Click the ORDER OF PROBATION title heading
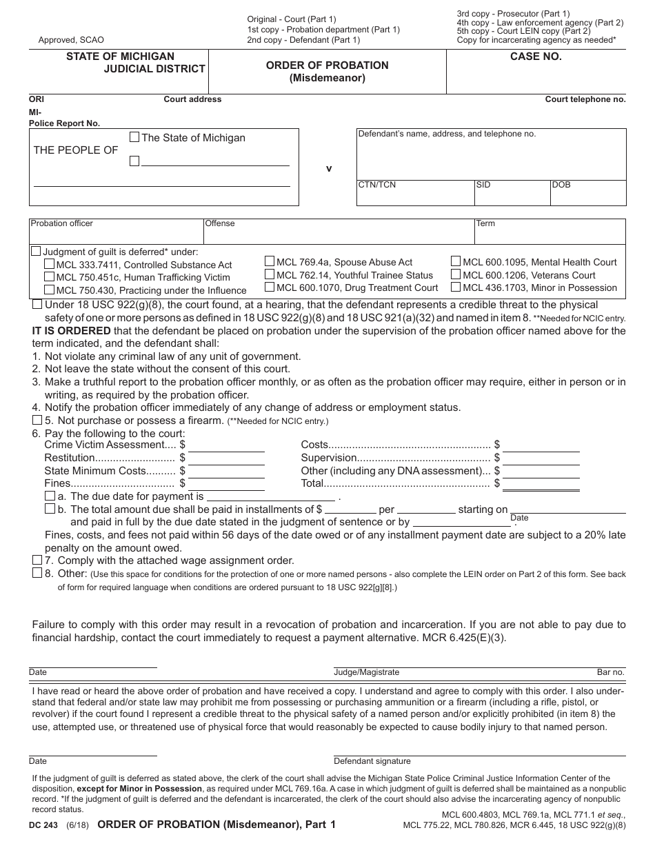[327, 65]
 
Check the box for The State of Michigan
[134, 137]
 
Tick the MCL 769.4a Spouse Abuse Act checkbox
[270, 261]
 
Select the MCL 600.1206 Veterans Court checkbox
[456, 274]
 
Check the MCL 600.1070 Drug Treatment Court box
[270, 287]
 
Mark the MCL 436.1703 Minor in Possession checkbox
[456, 287]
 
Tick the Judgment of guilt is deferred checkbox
[37, 252]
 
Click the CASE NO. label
[536, 57]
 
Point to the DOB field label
[561, 185]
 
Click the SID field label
[483, 185]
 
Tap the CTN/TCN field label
[376, 185]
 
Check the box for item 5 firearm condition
[37, 420]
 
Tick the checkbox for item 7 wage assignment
[37, 560]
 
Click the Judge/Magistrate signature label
[366, 672]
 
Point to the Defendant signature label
[372, 761]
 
